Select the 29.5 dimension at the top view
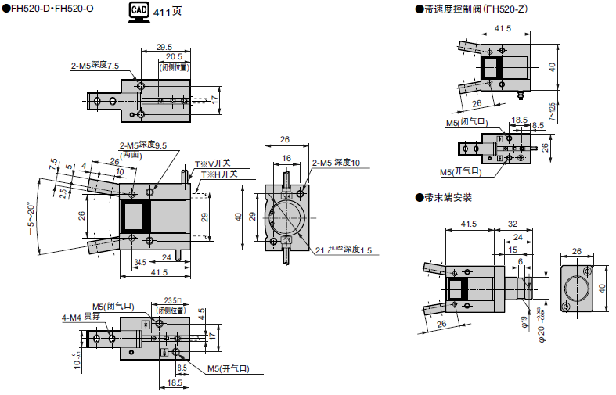click(x=164, y=47)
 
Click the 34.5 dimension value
click(x=140, y=261)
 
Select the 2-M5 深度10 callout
click(x=336, y=163)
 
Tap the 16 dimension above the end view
click(x=286, y=159)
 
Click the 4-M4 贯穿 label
click(x=81, y=317)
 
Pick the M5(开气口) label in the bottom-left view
click(x=229, y=368)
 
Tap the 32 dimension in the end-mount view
click(x=513, y=224)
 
